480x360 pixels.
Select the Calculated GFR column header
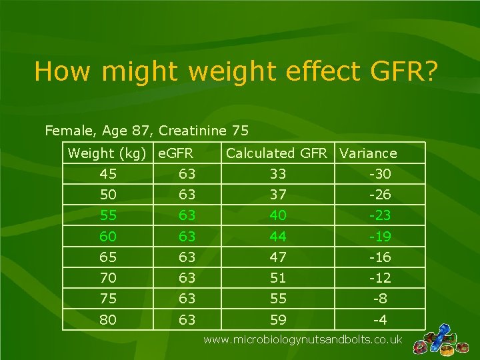277,153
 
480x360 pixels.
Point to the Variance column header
368,153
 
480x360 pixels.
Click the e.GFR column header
175,153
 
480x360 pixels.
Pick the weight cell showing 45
107,175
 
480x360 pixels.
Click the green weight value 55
107,216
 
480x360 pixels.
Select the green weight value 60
107,237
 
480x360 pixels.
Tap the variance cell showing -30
379,175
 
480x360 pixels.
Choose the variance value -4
379,320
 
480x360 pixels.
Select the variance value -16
379,257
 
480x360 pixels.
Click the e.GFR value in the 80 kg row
187,320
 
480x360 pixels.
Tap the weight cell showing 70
107,278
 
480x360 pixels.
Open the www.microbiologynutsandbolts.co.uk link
303,340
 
